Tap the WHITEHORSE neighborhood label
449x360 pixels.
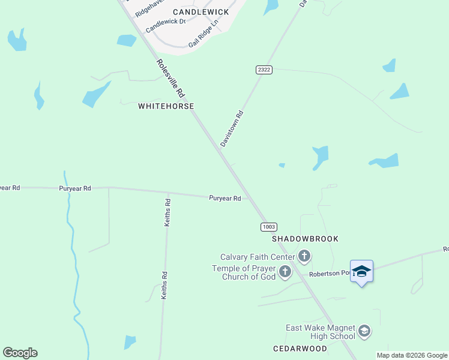click(166, 106)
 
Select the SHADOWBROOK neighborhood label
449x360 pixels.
click(305, 239)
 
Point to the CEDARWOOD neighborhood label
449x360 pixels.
click(300, 349)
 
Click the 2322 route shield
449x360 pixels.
click(264, 70)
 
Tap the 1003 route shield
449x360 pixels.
click(268, 226)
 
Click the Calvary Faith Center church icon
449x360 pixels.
click(304, 257)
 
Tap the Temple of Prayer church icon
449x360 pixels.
click(285, 272)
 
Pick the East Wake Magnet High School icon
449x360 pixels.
click(364, 331)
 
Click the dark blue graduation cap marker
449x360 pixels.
click(361, 272)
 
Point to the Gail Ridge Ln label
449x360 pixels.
click(202, 38)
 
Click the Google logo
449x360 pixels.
click(20, 353)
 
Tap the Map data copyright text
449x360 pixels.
click(412, 355)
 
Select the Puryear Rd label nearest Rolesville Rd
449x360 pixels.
click(225, 198)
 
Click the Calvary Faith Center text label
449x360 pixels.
click(258, 257)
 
